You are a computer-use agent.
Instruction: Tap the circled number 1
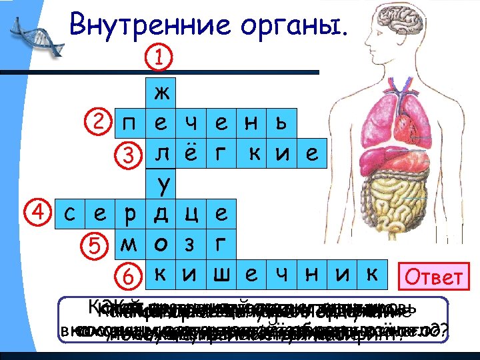pos(159,57)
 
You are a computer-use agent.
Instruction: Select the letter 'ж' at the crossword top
pos(161,92)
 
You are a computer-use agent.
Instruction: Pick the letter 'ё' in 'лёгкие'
pos(190,153)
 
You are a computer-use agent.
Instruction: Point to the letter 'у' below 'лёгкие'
pos(161,183)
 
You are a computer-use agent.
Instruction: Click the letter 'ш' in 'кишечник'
pos(220,275)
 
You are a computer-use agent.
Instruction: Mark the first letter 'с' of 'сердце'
pos(69,215)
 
